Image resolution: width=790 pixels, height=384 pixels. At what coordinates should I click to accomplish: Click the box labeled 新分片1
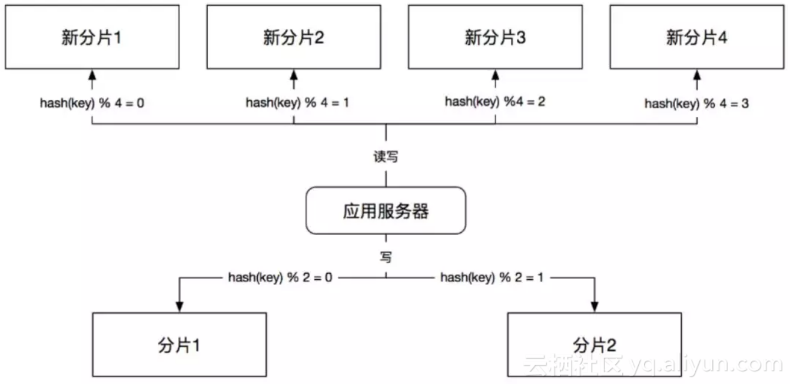pos(92,37)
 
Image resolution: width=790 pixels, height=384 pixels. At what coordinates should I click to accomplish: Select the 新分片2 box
pos(293,37)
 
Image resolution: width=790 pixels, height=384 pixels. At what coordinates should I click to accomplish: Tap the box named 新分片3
pos(494,37)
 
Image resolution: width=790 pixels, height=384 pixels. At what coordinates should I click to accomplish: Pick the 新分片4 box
pos(696,37)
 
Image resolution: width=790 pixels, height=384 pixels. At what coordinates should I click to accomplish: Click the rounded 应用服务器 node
pos(386,211)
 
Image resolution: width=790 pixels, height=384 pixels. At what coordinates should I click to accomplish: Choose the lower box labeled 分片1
pos(179,345)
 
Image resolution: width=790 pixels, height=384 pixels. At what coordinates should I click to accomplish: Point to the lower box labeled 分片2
pos(595,345)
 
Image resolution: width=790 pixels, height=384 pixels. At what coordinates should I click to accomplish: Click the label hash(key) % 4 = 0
pos(92,103)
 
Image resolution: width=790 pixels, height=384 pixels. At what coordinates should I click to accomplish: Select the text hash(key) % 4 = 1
pos(297,102)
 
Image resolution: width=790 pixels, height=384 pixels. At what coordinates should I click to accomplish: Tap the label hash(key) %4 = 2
pos(494,101)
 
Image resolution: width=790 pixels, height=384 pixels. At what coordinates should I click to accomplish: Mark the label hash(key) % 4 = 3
pos(696,104)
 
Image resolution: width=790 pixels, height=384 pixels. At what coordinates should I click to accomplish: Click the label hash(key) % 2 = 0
pos(280,277)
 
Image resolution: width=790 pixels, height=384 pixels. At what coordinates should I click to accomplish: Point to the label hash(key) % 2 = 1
pos(492,277)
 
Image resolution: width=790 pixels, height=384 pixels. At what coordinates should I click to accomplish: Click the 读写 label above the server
pos(386,158)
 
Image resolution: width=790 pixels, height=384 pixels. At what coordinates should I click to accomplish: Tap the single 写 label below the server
pos(386,257)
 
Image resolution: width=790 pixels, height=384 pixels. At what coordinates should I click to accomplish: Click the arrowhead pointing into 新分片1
pos(92,74)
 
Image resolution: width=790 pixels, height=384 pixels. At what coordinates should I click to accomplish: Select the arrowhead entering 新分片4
pos(697,74)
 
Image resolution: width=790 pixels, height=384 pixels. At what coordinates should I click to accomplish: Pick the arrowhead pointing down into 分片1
pos(179,306)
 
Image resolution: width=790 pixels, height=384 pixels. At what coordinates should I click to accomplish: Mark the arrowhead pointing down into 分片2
pos(595,306)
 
